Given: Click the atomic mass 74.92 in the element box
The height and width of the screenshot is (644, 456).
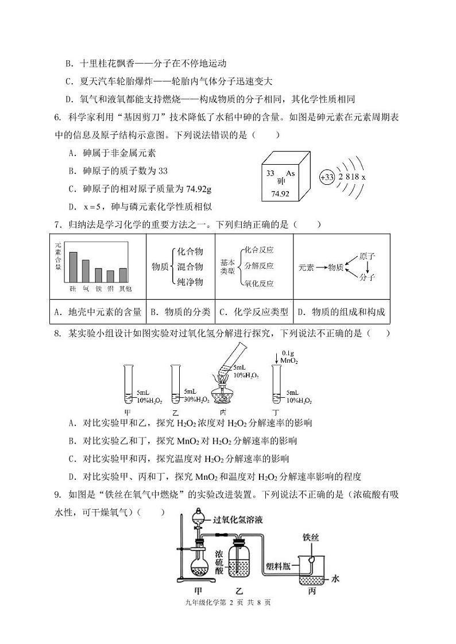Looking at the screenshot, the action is [280, 193].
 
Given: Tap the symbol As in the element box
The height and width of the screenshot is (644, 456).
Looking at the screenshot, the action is [289, 173].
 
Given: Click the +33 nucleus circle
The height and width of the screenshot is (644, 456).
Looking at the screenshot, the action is [326, 177].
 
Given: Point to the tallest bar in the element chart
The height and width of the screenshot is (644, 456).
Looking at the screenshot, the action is [73, 267].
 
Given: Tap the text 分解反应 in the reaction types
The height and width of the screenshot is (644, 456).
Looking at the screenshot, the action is [258, 266].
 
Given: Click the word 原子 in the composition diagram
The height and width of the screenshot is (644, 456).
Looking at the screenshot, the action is [366, 254].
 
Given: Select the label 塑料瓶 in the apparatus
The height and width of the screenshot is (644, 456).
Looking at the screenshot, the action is [277, 564].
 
